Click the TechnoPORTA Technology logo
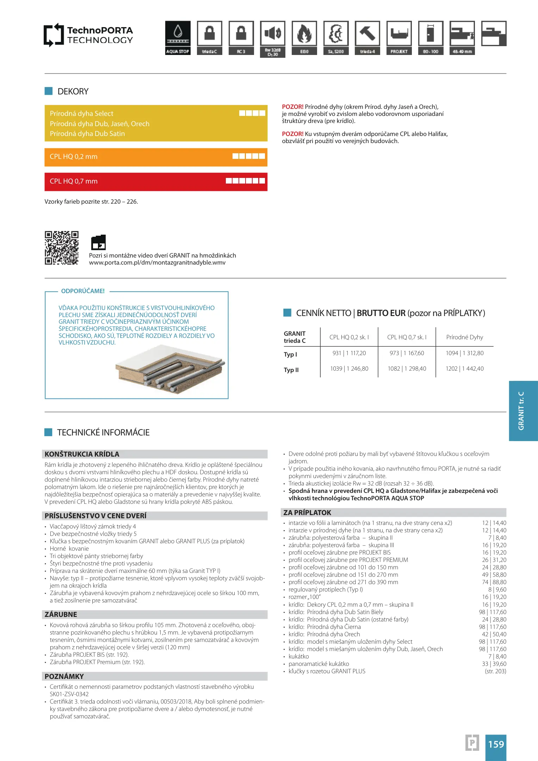point(88,35)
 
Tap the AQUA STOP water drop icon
point(178,33)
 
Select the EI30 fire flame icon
point(304,33)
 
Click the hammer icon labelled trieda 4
point(367,33)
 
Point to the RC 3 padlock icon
point(241,33)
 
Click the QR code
point(62,248)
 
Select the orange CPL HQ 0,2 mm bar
point(156,157)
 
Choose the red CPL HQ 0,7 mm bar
point(156,181)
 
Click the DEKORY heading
point(73,92)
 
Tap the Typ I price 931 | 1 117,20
point(349,353)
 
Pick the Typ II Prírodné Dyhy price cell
point(464,369)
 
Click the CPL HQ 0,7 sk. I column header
point(407,337)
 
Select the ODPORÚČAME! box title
point(83,291)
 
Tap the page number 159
point(496,744)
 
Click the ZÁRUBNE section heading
point(61,614)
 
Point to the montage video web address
point(157,263)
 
